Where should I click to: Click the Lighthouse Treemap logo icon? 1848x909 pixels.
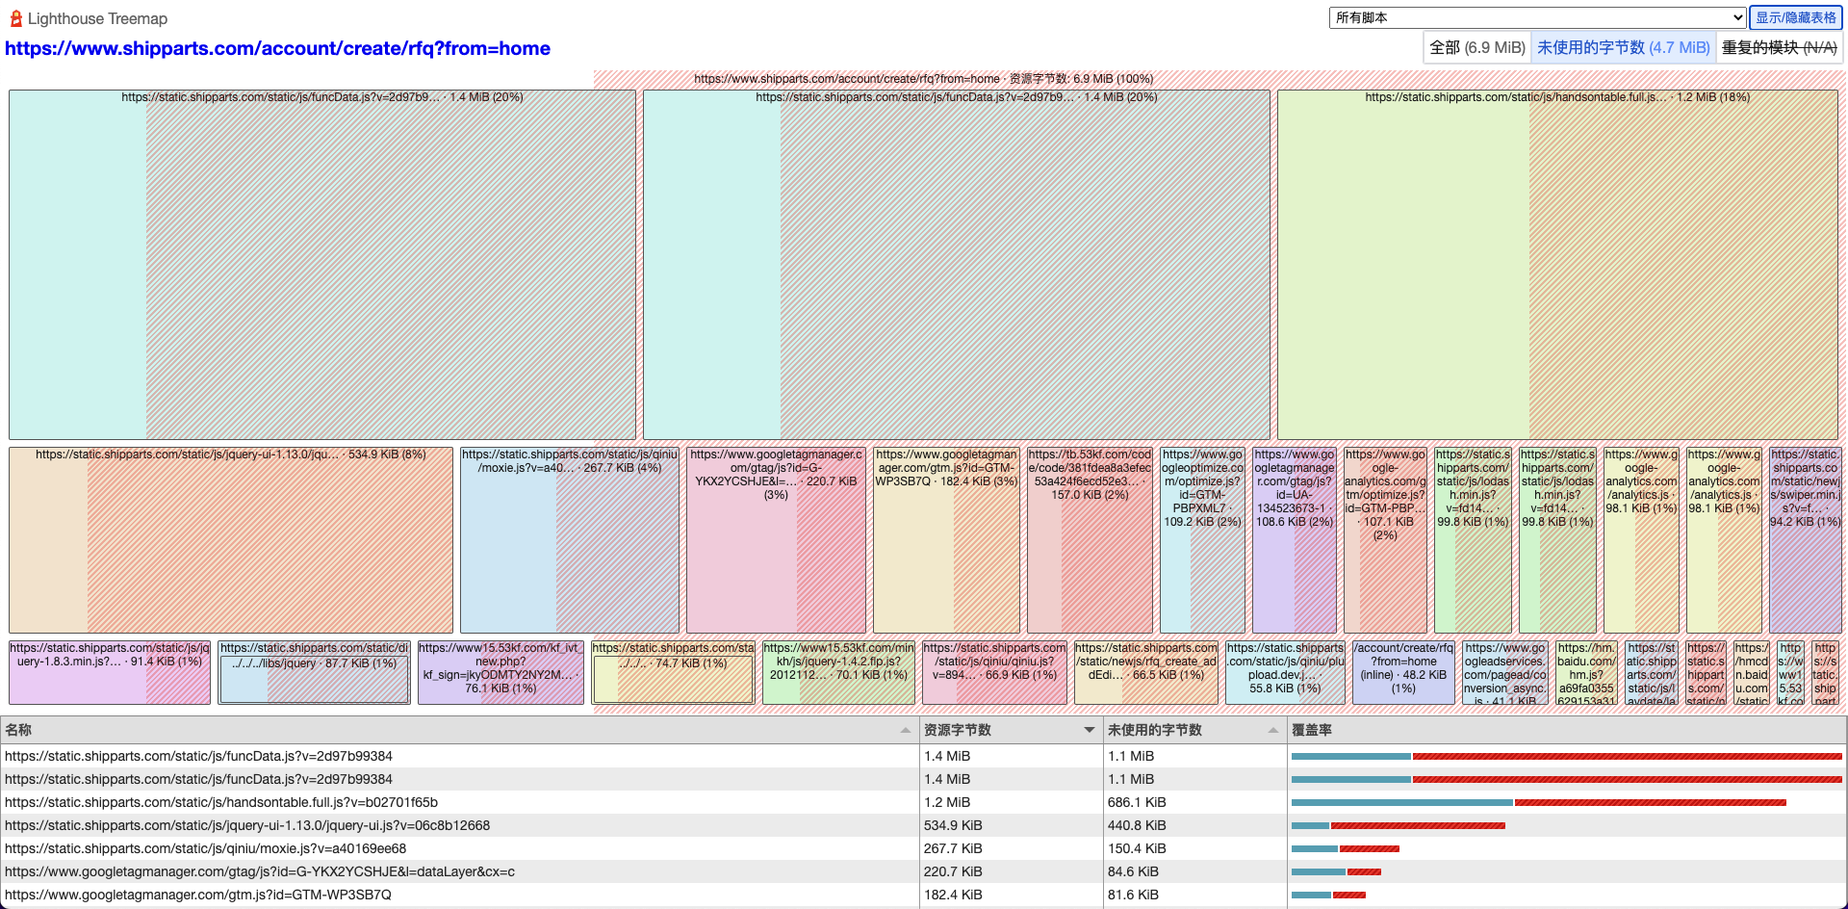pyautogui.click(x=15, y=18)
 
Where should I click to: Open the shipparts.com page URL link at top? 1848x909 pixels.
pyautogui.click(x=277, y=48)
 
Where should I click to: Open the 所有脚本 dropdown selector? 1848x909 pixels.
pyautogui.click(x=1537, y=17)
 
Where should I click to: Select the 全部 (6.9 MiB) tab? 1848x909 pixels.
pyautogui.click(x=1476, y=47)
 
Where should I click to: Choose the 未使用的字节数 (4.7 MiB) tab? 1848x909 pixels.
pyautogui.click(x=1623, y=47)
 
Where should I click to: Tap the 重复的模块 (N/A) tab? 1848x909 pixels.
pyautogui.click(x=1779, y=47)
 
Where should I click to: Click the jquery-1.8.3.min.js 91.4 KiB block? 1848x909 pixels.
pyautogui.click(x=109, y=679)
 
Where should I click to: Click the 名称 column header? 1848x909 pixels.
pyautogui.click(x=19, y=730)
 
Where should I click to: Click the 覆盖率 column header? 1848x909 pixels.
pyautogui.click(x=1312, y=730)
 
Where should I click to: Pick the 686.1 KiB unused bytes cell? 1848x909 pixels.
pyautogui.click(x=1137, y=802)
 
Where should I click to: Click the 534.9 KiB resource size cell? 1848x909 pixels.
pyautogui.click(x=953, y=825)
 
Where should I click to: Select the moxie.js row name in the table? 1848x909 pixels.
pyautogui.click(x=205, y=848)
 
